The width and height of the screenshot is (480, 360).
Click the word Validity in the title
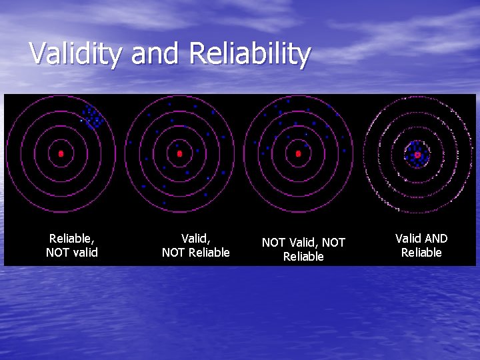coord(75,53)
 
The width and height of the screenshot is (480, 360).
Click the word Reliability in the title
coord(250,53)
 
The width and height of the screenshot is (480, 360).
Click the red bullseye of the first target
coord(61,153)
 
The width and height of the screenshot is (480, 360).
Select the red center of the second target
coord(179,153)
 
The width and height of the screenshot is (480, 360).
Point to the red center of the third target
coord(298,153)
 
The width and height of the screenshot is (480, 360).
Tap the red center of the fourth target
coord(417,154)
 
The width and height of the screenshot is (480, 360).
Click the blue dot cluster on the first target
coord(92,117)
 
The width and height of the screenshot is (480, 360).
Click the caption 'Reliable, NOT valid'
coord(71,245)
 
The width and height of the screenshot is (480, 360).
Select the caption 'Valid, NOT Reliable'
coord(195,245)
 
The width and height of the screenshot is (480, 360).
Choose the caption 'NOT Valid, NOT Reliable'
coord(303,249)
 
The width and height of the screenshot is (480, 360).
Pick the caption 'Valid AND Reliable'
coord(421,245)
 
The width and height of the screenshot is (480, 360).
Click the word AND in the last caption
coord(436,239)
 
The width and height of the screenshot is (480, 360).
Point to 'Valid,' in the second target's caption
coord(196,238)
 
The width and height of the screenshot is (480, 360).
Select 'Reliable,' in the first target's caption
coord(71,238)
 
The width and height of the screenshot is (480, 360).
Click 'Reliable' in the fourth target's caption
coord(421,253)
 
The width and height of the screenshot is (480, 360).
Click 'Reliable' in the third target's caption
coord(303,257)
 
